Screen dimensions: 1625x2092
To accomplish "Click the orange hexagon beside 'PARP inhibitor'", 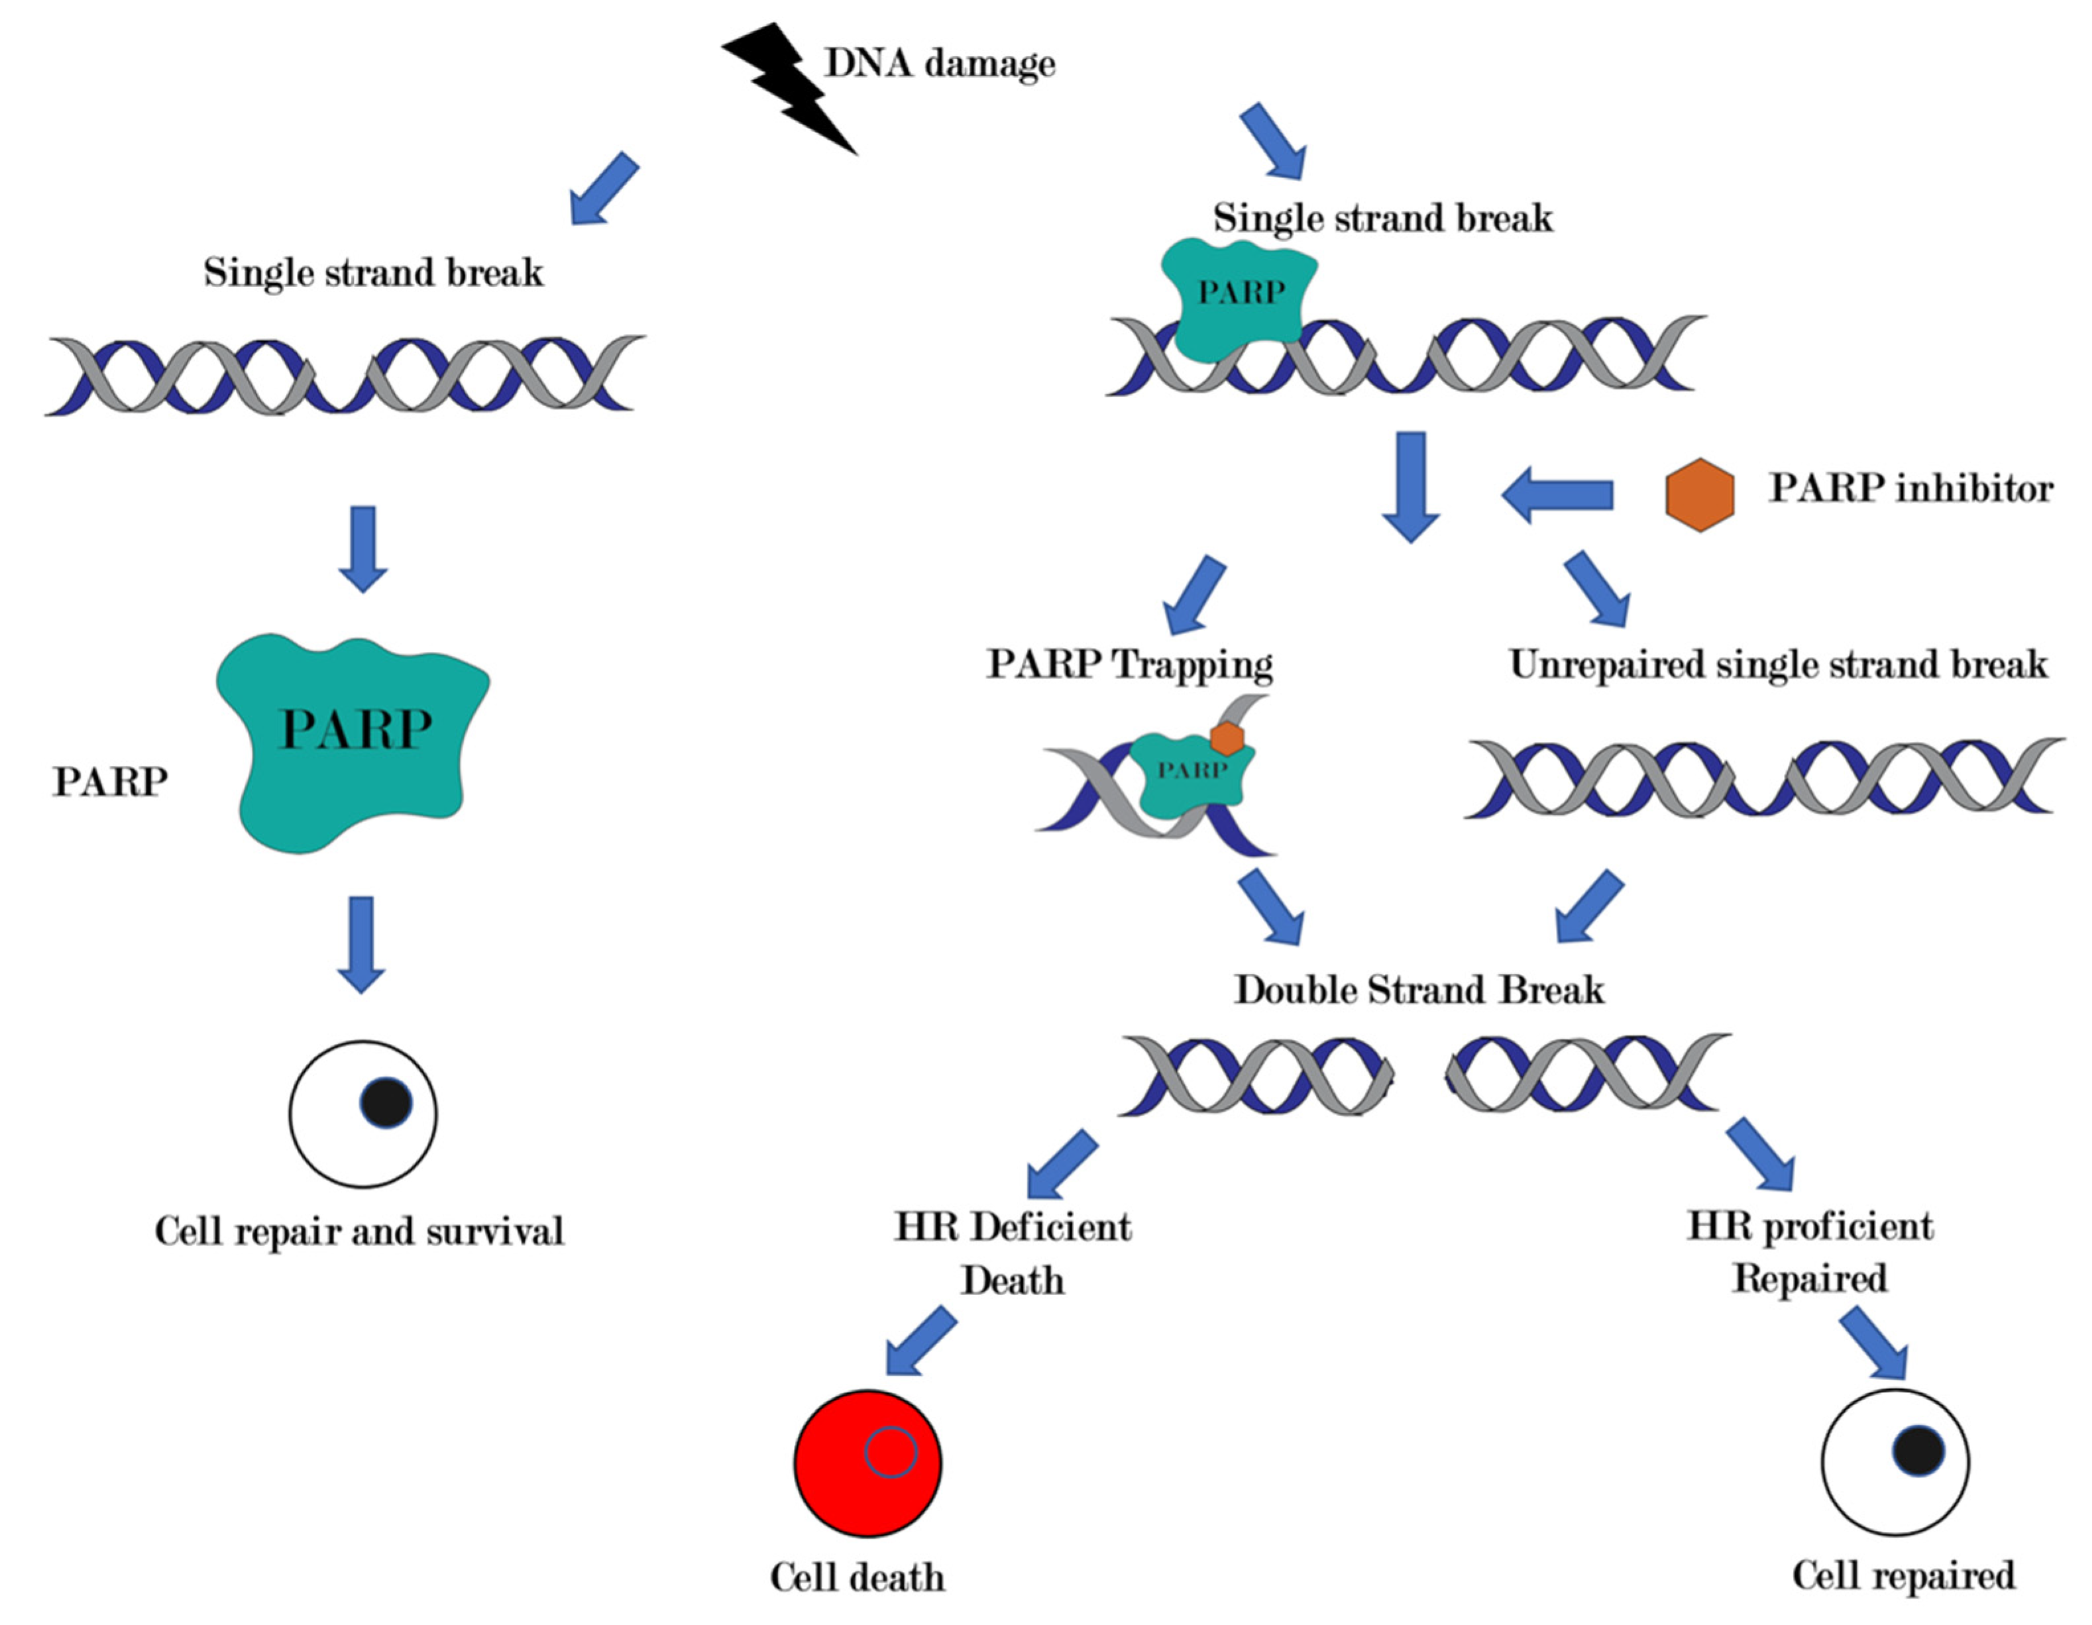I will (x=1699, y=494).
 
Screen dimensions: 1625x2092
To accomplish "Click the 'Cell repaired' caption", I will (x=1903, y=1575).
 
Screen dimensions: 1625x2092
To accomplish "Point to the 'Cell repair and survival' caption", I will (x=359, y=1230).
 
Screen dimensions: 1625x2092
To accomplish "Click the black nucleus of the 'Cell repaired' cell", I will (x=1918, y=1449).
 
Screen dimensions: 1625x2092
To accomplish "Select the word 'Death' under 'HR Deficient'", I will (x=1013, y=1281).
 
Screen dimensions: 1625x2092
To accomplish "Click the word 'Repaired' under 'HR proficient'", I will (x=1810, y=1279).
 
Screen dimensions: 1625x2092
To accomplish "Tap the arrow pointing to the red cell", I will (x=920, y=1341).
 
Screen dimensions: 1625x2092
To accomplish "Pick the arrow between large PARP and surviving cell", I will (x=361, y=943).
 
